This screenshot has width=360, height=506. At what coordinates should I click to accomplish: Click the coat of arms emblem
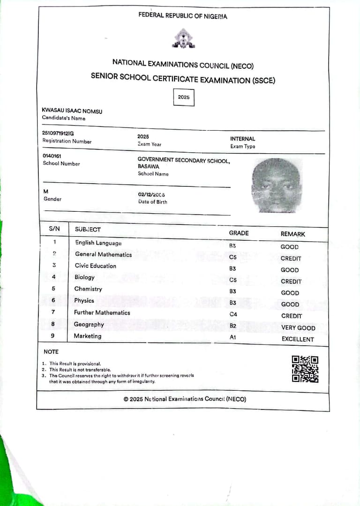coord(183,38)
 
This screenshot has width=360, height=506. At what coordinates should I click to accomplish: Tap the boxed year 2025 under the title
coord(184,97)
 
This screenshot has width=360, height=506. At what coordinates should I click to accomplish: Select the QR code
coord(305,369)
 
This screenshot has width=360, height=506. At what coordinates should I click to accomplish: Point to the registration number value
coord(58,134)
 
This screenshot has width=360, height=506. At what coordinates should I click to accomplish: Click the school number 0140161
coord(52,156)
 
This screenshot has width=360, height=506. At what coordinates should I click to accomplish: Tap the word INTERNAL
coord(242,139)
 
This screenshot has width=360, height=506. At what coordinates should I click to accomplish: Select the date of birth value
coord(151,194)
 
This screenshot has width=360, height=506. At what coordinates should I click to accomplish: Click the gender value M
coord(45,192)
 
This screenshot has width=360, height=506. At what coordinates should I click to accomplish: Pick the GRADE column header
coord(239,233)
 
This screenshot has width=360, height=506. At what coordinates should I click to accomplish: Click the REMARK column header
coord(292,234)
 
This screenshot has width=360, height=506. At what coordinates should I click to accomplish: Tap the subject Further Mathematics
coord(102,313)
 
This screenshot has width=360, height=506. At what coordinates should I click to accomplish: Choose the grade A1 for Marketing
coord(233,337)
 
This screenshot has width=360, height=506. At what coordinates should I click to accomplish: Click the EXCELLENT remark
coord(298,339)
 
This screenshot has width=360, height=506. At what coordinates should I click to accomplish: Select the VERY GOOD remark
coord(298,328)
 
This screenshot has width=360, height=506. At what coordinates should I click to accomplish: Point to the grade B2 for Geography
coord(233,326)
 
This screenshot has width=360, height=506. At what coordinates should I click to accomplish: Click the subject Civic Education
coord(95,266)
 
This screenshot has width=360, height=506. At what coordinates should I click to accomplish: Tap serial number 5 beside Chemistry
coord(53,289)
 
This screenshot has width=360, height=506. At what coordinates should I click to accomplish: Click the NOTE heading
coord(51,351)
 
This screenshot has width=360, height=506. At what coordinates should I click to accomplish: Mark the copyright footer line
coord(185,399)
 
